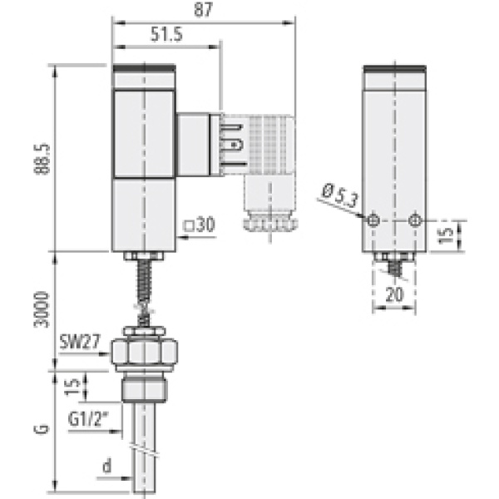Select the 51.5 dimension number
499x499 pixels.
click(167, 34)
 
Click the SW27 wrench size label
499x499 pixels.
click(79, 340)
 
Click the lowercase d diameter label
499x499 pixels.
click(106, 467)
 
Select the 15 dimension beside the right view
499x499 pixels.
click(447, 236)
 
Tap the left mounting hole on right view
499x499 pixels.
click(374, 220)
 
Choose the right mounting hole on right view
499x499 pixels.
click(415, 220)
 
